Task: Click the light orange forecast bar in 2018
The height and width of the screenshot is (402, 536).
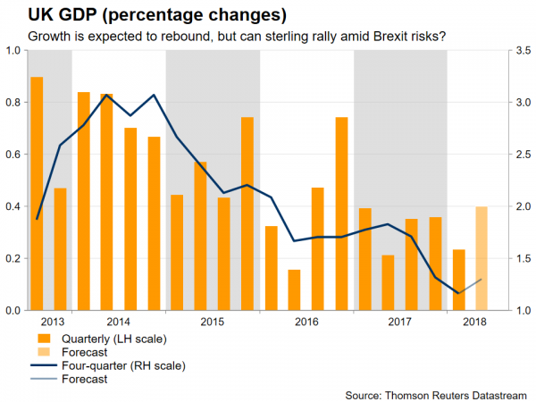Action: [x=482, y=258]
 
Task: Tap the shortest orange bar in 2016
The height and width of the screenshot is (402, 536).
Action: [x=295, y=289]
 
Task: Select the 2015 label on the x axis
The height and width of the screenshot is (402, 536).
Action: [x=213, y=322]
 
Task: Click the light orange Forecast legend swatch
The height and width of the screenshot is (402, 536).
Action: [x=42, y=351]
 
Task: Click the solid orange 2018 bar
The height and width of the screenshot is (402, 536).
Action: [x=458, y=280]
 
